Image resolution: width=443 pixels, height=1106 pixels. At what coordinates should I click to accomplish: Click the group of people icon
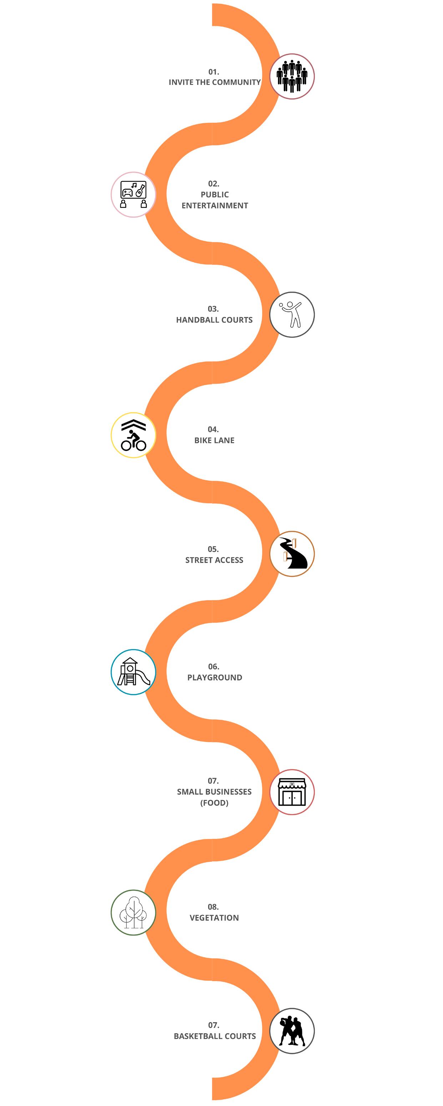(292, 76)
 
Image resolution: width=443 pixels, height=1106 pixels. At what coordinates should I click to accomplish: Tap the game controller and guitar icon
(134, 195)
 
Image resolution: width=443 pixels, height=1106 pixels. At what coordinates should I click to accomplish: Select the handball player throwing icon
(292, 315)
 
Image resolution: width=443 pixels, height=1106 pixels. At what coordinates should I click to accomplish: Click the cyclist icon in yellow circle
(134, 435)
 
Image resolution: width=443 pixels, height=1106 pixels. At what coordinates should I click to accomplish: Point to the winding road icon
(292, 554)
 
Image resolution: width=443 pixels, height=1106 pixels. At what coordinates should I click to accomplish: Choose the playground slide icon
(134, 672)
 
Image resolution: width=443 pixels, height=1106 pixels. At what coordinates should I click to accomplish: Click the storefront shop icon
(292, 792)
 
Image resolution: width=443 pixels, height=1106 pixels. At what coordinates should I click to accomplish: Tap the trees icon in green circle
(134, 913)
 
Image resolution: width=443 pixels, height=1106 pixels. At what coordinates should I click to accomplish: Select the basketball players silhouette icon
(292, 1031)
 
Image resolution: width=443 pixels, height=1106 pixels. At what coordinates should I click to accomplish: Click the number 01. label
(214, 72)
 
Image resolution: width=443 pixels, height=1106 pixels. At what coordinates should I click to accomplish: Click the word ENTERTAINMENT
(215, 206)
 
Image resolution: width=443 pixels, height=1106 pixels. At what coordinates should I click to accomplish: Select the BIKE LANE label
(214, 441)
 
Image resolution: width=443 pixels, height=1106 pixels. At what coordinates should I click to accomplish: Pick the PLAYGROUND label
(215, 678)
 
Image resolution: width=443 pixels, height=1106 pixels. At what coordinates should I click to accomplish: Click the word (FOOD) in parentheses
(214, 803)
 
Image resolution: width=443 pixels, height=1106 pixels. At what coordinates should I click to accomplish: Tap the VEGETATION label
(214, 918)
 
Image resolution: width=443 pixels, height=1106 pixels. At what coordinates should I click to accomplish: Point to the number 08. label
(213, 907)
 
